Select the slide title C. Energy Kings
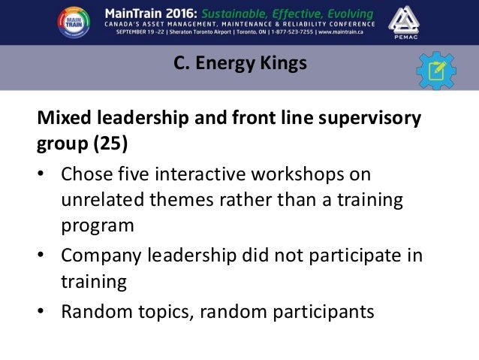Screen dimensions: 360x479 [239, 65]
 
